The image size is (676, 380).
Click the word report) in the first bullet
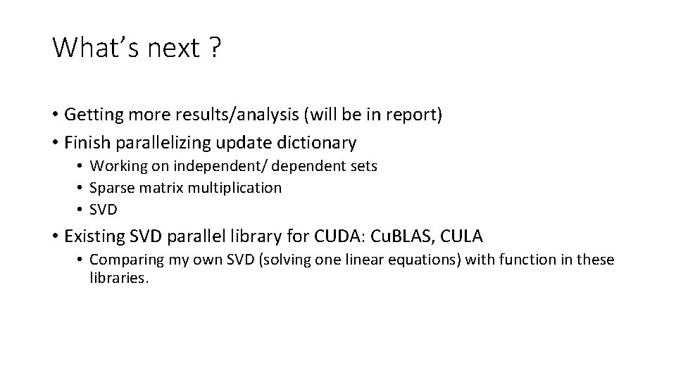[415, 115]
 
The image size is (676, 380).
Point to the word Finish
[86, 143]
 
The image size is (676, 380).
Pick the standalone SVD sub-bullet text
[104, 209]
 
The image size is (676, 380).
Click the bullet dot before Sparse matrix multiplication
[81, 188]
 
